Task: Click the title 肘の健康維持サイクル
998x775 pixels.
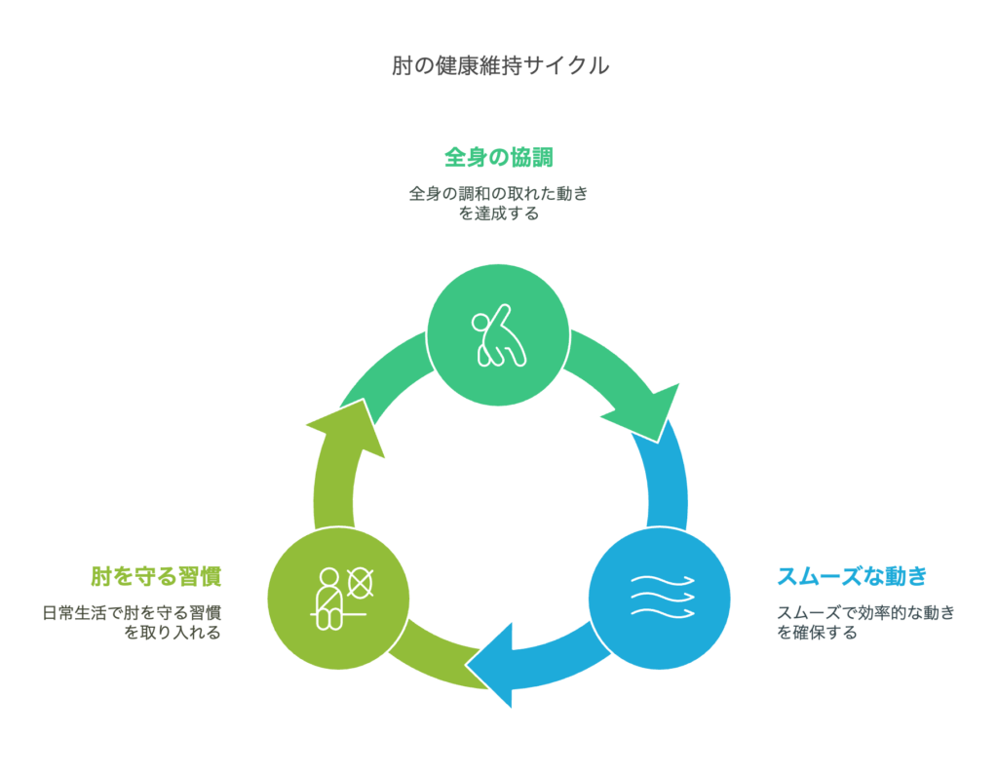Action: pos(500,65)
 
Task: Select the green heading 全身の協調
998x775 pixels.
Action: pos(498,157)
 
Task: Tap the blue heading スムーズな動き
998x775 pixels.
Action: pos(852,576)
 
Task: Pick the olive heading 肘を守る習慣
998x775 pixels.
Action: pos(156,576)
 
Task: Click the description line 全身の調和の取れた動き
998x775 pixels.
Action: pos(498,193)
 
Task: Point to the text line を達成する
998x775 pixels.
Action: pos(498,213)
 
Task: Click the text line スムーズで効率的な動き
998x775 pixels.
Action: pos(865,612)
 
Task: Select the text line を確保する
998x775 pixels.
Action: pos(817,633)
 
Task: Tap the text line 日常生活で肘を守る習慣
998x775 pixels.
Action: pos(132,612)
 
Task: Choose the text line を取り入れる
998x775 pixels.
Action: pos(173,633)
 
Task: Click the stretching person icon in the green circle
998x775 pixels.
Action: pos(499,335)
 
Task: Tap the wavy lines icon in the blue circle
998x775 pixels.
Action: pos(662,597)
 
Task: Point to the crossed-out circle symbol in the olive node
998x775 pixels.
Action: pos(361,583)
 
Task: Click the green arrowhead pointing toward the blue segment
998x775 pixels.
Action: pos(647,412)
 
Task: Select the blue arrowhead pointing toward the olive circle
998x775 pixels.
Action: pos(493,666)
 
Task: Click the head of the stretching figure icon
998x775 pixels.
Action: pos(480,323)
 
